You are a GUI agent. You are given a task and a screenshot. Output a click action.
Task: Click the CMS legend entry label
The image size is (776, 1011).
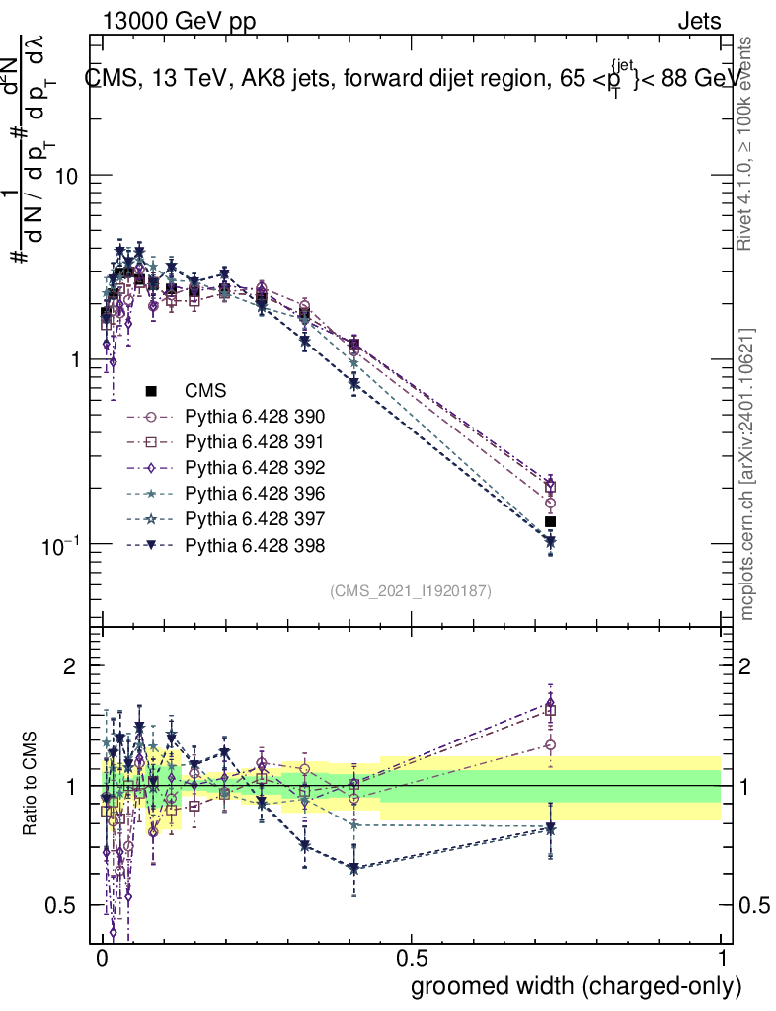206,391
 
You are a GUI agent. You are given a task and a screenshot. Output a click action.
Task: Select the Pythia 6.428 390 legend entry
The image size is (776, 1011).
255,417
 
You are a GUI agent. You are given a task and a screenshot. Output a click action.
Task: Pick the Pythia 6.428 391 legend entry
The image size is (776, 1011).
255,442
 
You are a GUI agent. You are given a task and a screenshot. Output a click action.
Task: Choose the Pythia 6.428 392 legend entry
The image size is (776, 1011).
255,468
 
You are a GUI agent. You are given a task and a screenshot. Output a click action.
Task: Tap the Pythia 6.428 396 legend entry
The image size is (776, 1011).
255,494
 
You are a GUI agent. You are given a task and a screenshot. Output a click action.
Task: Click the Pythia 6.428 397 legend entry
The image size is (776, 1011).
255,519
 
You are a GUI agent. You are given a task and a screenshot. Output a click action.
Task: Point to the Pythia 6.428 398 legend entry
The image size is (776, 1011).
255,545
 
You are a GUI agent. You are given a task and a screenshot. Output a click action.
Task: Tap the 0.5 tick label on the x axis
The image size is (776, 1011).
411,961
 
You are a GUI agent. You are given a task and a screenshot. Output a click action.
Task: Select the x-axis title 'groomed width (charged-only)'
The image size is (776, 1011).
575,986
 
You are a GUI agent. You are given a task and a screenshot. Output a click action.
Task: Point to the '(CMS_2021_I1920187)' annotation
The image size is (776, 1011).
410,590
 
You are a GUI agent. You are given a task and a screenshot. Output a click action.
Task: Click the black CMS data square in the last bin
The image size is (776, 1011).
551,521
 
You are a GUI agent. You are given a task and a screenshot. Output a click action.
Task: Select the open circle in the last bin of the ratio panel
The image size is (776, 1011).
551,745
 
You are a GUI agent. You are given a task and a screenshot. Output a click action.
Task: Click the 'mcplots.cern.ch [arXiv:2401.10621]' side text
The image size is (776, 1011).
748,474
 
